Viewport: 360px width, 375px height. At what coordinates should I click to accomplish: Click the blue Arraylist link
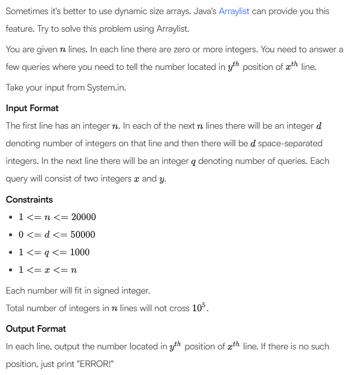point(234,11)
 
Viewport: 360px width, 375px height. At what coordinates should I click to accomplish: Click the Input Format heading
point(32,108)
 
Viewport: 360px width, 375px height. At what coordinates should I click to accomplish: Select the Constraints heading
point(29,200)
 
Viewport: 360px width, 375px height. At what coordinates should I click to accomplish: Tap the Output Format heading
point(36,329)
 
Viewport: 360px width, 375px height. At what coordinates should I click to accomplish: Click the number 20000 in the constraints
point(83,217)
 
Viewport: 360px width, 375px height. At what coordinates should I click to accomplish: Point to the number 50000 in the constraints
point(83,235)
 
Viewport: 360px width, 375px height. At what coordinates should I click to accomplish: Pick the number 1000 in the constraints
point(79,252)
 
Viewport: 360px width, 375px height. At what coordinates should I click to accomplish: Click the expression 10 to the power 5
point(199,308)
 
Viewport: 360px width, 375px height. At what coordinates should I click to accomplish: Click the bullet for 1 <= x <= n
point(11,270)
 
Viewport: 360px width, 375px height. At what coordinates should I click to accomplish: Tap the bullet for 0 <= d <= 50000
point(11,235)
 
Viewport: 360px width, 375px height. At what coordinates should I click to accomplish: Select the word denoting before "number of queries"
point(223,161)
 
